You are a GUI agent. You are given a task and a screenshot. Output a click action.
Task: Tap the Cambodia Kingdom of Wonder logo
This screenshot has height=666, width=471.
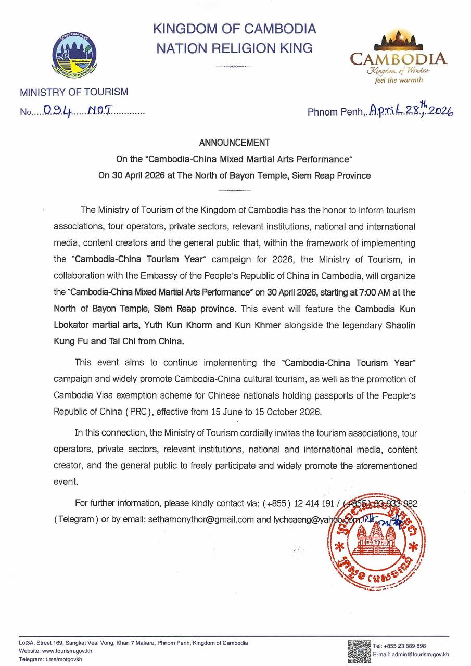point(398,57)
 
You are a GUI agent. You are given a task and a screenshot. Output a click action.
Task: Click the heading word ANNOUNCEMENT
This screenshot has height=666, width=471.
point(235,142)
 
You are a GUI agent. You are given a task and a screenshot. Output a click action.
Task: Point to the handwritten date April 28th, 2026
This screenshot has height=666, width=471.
point(411,110)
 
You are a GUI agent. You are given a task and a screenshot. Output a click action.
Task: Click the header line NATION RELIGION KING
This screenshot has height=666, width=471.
point(235,48)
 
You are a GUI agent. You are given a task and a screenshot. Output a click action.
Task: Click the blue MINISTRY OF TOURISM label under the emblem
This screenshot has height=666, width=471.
point(74,92)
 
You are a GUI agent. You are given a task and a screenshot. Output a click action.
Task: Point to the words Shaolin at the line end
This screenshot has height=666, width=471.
point(400,323)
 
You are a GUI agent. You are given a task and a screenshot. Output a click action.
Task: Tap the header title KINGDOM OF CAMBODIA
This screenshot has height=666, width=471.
point(235,29)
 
